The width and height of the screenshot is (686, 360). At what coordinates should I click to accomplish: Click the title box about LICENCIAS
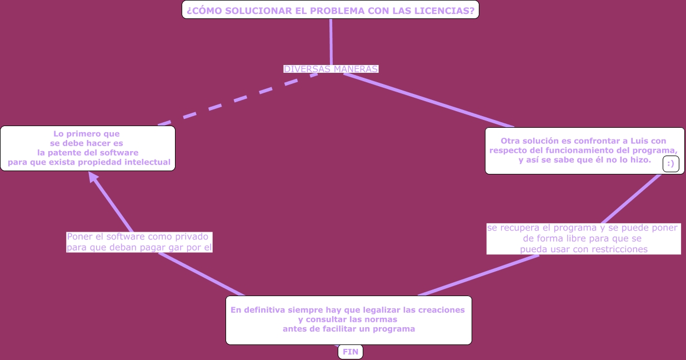pos(330,10)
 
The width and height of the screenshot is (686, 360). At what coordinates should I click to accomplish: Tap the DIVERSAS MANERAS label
pos(331,69)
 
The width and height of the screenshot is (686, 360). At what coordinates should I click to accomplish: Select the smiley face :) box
pos(670,164)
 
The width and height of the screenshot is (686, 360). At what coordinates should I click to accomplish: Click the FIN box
pos(350,352)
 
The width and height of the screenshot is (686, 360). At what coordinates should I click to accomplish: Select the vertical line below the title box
pos(331,42)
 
